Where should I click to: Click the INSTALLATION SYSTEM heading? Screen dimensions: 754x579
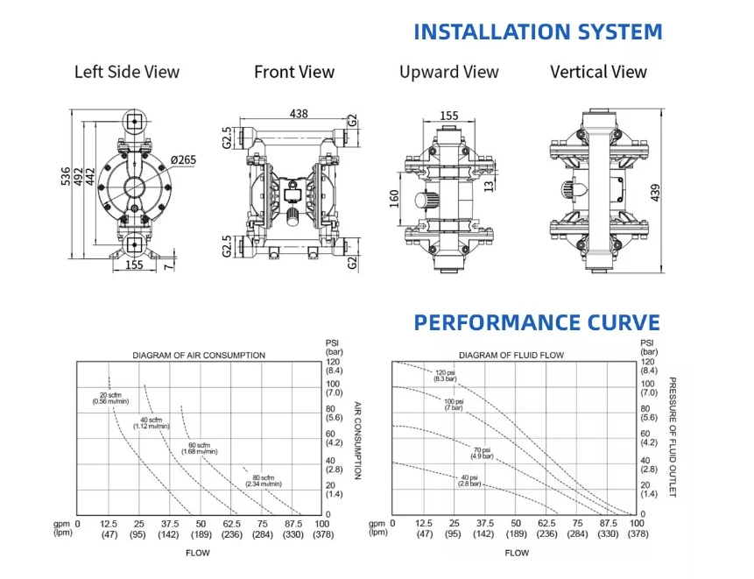(538, 32)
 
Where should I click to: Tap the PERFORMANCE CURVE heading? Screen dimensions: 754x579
(537, 322)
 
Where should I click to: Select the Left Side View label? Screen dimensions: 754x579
(127, 72)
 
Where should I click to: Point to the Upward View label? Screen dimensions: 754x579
(449, 72)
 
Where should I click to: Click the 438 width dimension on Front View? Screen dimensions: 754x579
(299, 114)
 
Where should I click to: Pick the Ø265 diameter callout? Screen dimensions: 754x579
(183, 159)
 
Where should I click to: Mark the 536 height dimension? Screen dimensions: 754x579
(66, 176)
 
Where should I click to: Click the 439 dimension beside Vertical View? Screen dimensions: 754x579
(655, 193)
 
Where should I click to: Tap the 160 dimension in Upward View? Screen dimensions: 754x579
(394, 199)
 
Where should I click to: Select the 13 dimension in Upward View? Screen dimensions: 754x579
(489, 186)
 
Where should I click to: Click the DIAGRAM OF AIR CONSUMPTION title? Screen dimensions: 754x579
(199, 356)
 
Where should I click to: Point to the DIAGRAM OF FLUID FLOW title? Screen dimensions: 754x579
(511, 356)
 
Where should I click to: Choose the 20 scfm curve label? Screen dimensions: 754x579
(110, 399)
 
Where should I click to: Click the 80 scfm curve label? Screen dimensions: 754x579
(264, 480)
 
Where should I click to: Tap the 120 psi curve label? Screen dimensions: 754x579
(445, 376)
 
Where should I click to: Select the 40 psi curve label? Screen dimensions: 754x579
(469, 480)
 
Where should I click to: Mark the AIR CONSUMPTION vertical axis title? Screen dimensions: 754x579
(358, 441)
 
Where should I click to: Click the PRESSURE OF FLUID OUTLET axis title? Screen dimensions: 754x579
(673, 437)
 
